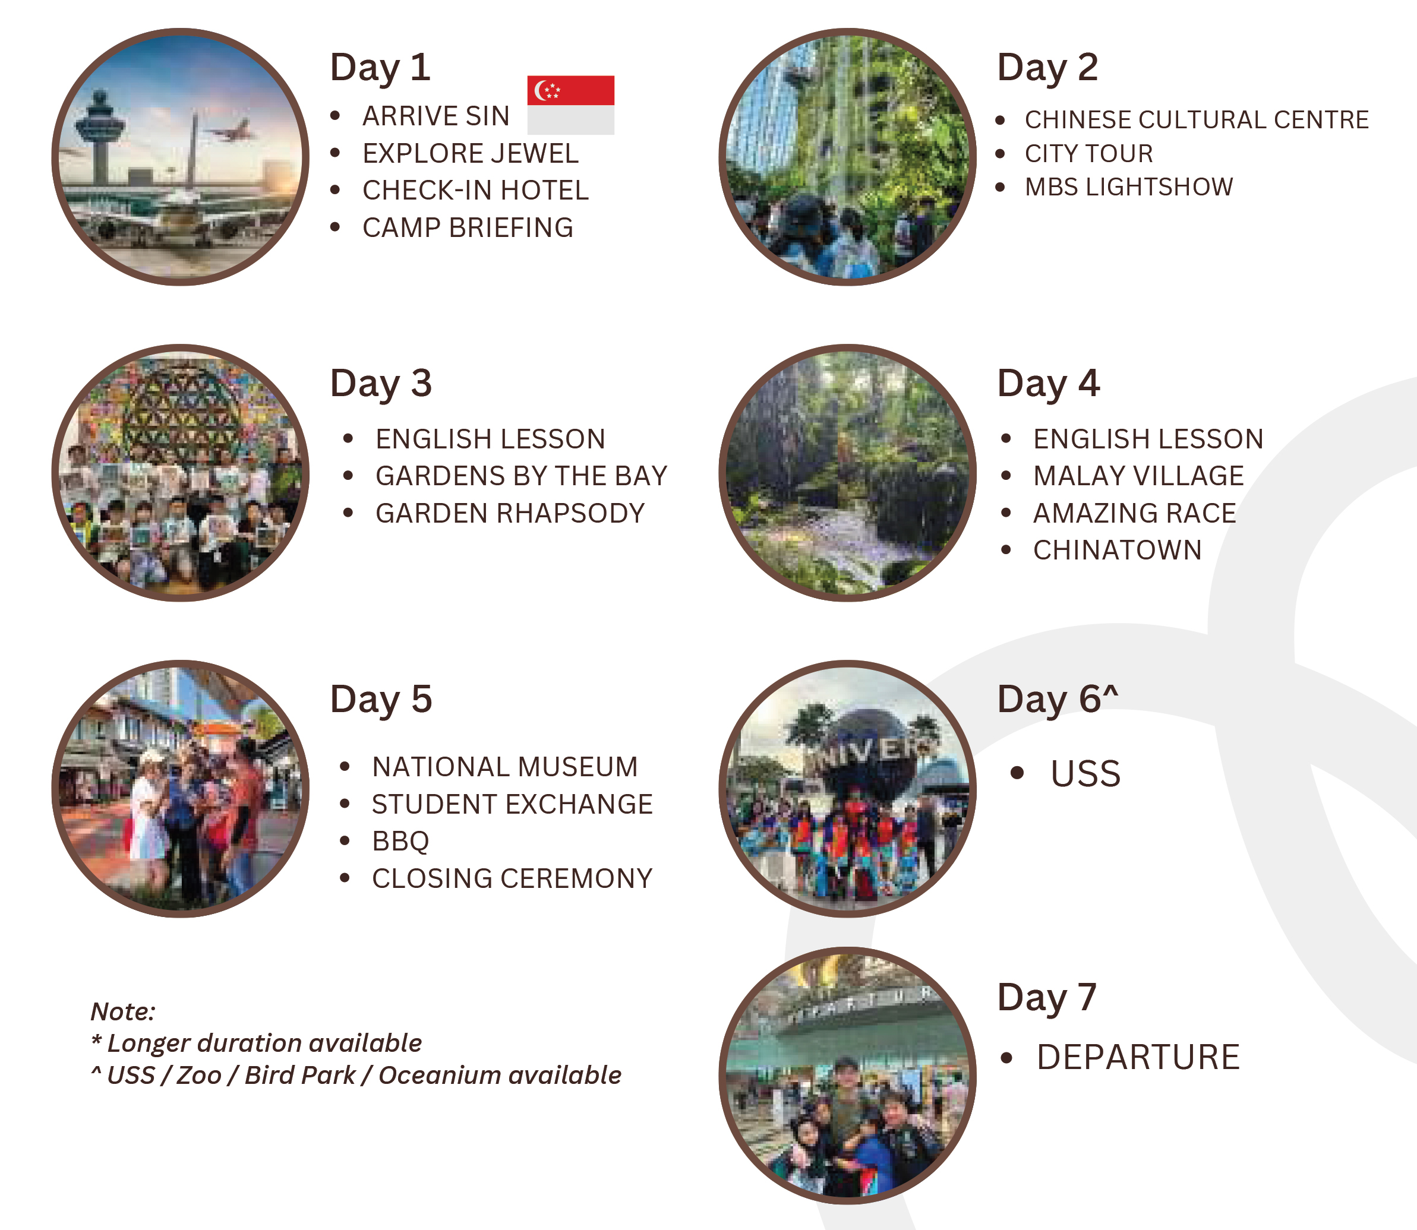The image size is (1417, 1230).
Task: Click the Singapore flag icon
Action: pyautogui.click(x=570, y=105)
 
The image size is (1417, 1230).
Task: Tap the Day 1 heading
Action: pyautogui.click(x=380, y=68)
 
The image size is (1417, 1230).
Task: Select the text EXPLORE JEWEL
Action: pyautogui.click(x=471, y=153)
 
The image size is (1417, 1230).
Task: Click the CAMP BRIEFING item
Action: pyautogui.click(x=468, y=227)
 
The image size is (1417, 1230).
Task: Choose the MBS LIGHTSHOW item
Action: pyautogui.click(x=1129, y=186)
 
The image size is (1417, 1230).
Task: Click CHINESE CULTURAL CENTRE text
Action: pyautogui.click(x=1197, y=119)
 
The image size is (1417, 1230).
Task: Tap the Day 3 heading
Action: pyautogui.click(x=381, y=384)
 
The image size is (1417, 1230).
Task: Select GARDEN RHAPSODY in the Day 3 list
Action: pyautogui.click(x=510, y=513)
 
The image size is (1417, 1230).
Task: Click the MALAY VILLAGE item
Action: pyautogui.click(x=1138, y=476)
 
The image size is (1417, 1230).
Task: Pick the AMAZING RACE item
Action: pyautogui.click(x=1134, y=513)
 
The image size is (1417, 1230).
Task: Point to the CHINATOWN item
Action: pyautogui.click(x=1117, y=550)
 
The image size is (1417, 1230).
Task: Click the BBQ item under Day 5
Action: pyautogui.click(x=400, y=841)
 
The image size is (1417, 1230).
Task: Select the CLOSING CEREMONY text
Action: pyautogui.click(x=512, y=878)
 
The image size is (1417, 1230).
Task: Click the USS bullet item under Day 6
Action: pyautogui.click(x=1085, y=773)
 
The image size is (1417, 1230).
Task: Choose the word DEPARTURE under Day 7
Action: pyautogui.click(x=1138, y=1057)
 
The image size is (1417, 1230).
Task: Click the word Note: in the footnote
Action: pyautogui.click(x=124, y=1011)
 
